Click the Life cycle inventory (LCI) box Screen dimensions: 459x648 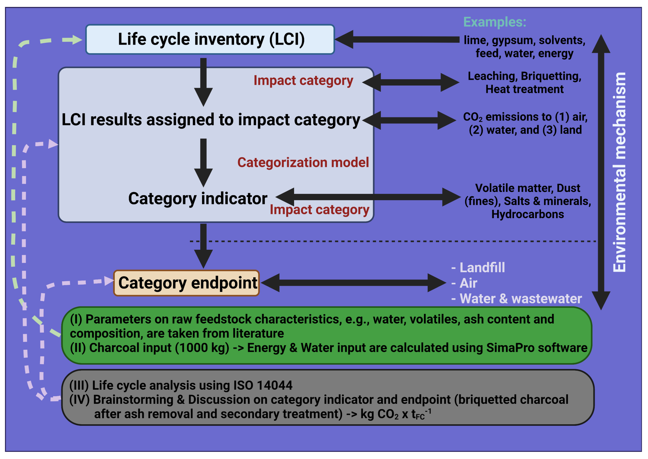210,39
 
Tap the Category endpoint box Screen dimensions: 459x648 186,283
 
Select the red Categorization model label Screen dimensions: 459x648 303,163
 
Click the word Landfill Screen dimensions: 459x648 482,268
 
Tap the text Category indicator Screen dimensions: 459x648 197,199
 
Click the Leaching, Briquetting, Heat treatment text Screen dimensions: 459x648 524,82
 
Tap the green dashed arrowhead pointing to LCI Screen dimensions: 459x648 74,40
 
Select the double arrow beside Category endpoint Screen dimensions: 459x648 353,283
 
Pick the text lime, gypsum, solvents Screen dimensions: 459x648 524,40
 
